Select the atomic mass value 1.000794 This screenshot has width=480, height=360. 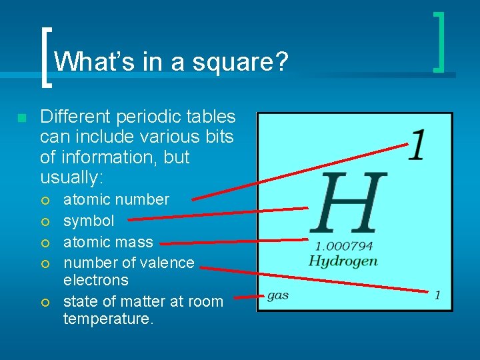tap(343, 246)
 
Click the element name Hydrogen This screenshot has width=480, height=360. tap(343, 261)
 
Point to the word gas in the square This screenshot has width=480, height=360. tap(277, 295)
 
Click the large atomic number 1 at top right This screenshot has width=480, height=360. tap(417, 145)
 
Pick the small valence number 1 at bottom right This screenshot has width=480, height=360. tap(437, 295)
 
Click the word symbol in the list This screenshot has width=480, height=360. tap(89, 221)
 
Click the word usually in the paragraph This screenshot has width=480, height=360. tap(69, 178)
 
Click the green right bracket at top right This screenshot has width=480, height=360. tap(439, 41)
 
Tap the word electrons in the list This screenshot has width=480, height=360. tap(96, 280)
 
